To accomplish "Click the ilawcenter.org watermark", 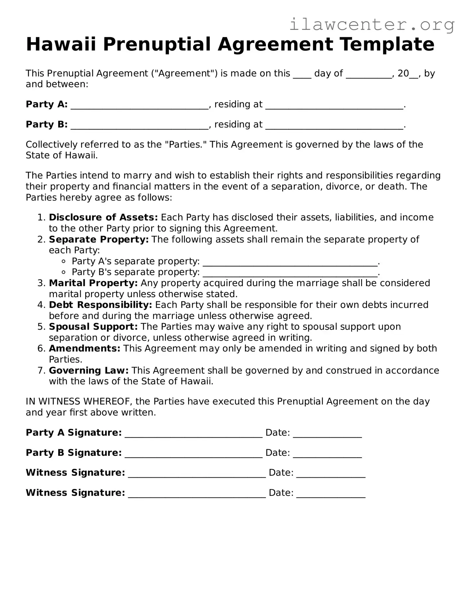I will [372, 25].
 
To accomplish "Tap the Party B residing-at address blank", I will [334, 126].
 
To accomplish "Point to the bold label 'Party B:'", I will [47, 124].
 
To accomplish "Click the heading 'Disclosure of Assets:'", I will [103, 217].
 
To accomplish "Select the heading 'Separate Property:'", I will [99, 239].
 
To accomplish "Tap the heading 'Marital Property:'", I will [93, 283].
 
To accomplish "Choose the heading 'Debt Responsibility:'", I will [100, 305].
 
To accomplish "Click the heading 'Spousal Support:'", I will [93, 327].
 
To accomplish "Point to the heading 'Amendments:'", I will [84, 348].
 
